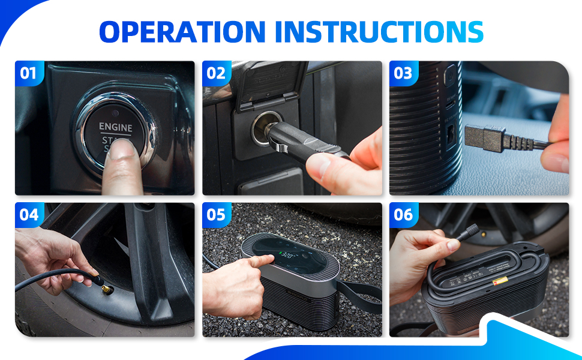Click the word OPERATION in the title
coord(181,31)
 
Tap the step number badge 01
coord(28,74)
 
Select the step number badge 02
coord(215,74)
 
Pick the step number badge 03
coord(403,74)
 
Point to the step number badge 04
coord(28,215)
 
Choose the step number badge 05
coord(215,215)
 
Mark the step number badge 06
coord(403,215)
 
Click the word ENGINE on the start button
coord(116,127)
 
